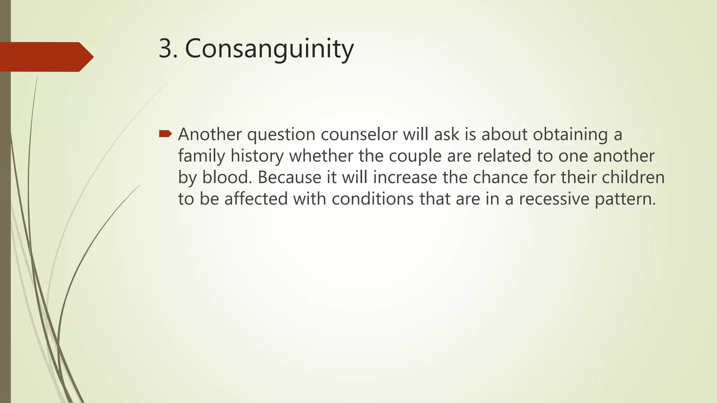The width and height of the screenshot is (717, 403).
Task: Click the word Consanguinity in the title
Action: [x=269, y=49]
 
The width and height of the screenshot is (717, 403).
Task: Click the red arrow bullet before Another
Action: [x=165, y=134]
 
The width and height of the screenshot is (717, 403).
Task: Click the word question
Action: [x=281, y=135]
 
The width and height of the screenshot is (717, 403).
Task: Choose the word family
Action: [x=201, y=156]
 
